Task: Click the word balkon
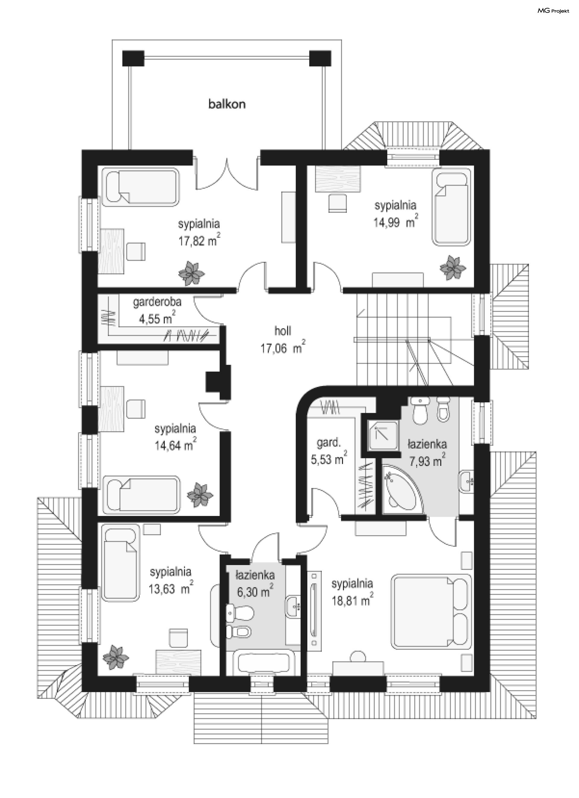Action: (x=227, y=104)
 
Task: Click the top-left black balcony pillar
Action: (x=133, y=58)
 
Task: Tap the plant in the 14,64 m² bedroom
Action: (x=200, y=495)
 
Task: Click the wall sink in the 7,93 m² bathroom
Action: (x=467, y=480)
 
